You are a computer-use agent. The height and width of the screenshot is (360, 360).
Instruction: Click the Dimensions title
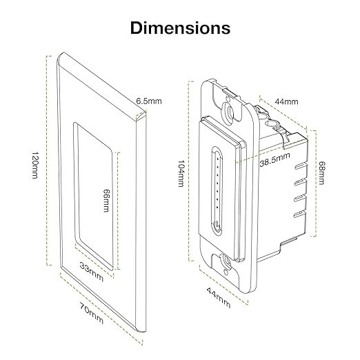180,28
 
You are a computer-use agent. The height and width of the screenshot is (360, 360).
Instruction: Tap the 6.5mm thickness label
148,101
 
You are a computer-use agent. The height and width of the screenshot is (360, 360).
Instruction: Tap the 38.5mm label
273,165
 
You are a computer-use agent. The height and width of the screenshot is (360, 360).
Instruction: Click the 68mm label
321,171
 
